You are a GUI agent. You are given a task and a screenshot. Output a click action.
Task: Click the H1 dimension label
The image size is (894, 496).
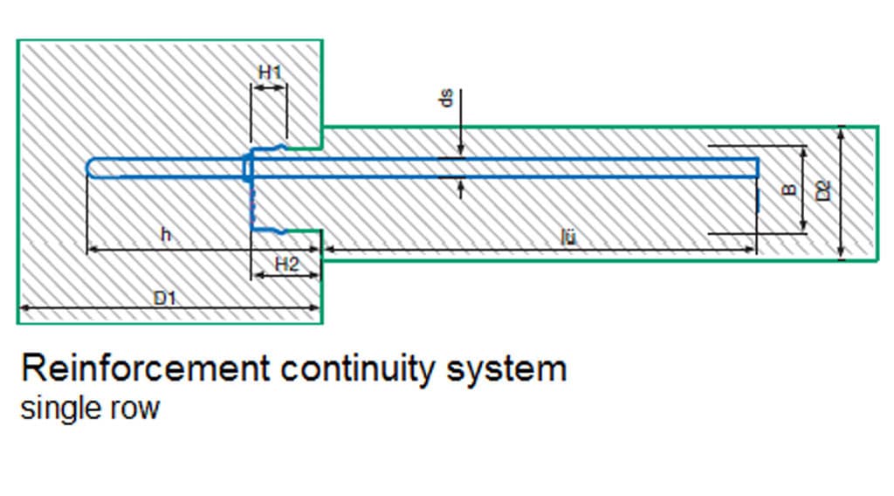pos(269,72)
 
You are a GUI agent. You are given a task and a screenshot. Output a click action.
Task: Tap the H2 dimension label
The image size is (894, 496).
pos(286,263)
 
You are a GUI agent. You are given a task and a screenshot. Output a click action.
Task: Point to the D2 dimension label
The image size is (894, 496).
pos(822,191)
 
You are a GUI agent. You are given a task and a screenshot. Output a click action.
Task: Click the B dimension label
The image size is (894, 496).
pos(789,189)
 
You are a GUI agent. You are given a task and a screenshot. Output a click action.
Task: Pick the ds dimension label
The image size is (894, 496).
pos(446,101)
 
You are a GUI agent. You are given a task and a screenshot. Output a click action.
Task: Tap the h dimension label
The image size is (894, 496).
pos(166,234)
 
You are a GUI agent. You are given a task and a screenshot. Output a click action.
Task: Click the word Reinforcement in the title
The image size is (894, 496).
pos(145,369)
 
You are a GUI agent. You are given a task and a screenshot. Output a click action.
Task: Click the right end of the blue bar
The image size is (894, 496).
pos(755,168)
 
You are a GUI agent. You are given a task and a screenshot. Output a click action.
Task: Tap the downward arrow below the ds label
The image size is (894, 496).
pos(460,150)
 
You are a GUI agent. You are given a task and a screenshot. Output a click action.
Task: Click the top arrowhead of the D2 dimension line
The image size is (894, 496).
pos(841,131)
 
